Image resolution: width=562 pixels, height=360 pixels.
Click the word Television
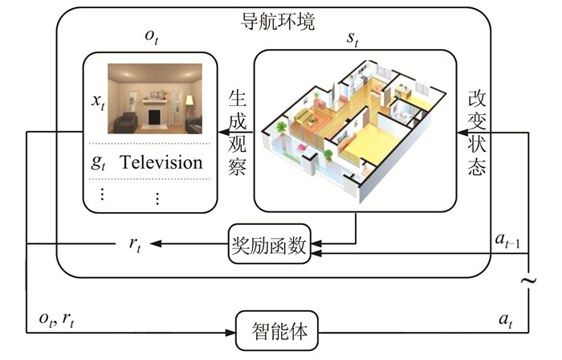click(161, 162)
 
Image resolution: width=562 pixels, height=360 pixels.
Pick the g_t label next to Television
click(98, 162)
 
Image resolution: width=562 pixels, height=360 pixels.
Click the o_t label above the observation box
click(152, 37)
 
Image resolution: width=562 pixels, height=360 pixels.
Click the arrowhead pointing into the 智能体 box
click(230, 329)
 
